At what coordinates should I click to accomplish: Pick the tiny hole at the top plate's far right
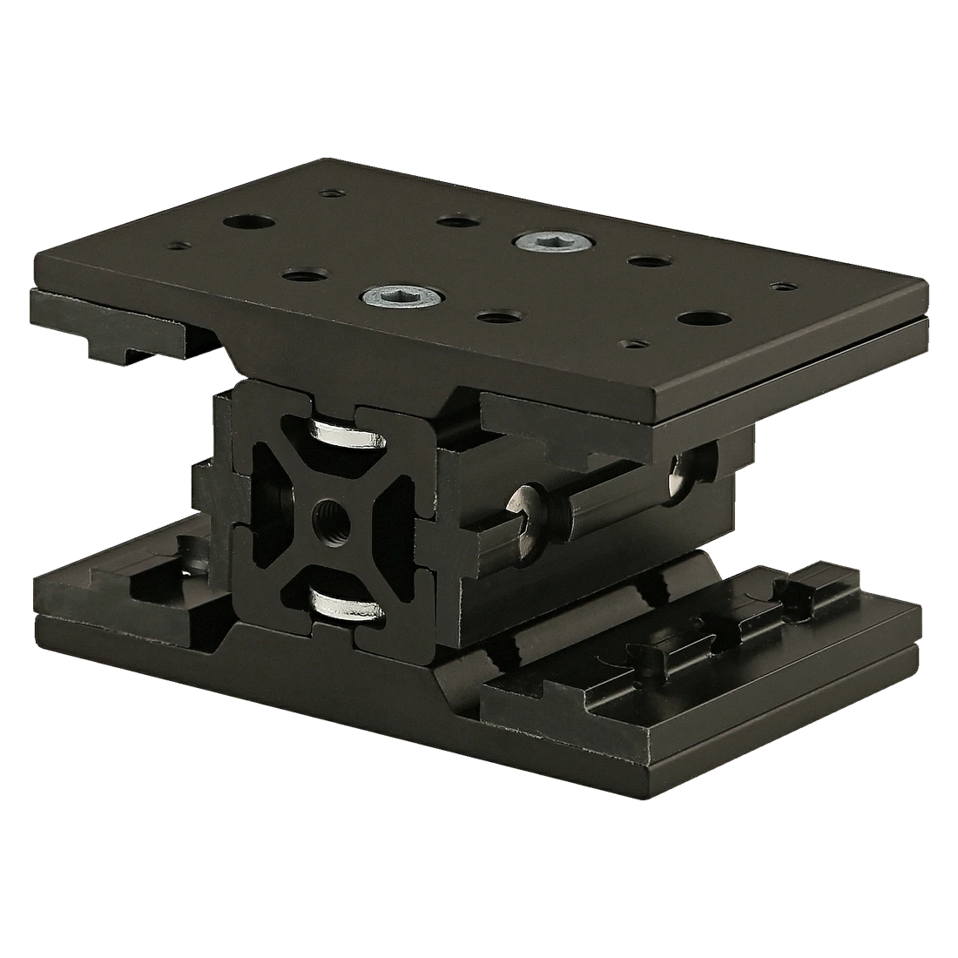click(783, 285)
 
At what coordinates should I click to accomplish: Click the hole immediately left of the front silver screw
click(299, 276)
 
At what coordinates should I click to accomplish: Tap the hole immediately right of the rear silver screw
click(645, 260)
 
